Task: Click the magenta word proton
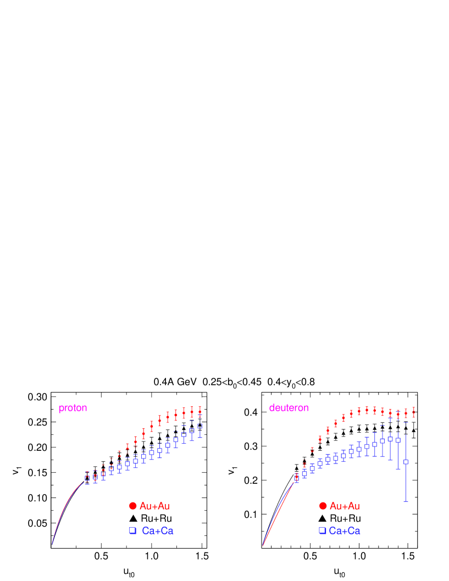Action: [73, 408]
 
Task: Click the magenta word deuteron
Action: [289, 408]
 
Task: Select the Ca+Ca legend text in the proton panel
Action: [157, 531]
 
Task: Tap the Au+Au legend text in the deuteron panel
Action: [345, 506]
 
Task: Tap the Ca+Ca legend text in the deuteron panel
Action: [345, 531]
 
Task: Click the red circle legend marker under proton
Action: [132, 506]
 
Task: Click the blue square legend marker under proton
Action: [132, 531]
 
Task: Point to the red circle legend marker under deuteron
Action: [323, 506]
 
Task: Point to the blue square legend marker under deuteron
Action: [322, 531]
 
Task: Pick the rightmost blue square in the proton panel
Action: [200, 426]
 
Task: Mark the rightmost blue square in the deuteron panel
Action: [406, 462]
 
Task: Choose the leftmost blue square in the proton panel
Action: [87, 478]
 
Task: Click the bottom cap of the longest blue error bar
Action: [406, 501]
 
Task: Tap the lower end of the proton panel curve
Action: [52, 544]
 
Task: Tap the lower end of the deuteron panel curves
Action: [263, 546]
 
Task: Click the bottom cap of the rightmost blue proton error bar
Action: [200, 437]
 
